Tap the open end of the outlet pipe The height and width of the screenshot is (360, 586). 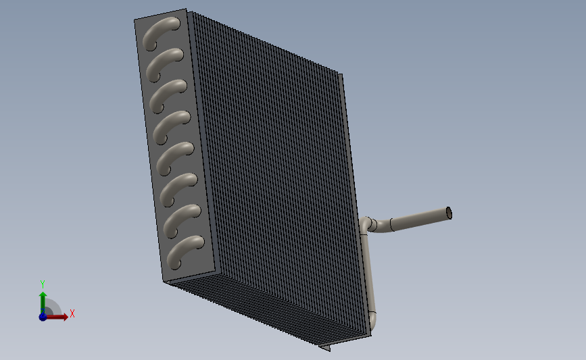point(449,213)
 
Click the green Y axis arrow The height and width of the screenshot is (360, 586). point(43,303)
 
